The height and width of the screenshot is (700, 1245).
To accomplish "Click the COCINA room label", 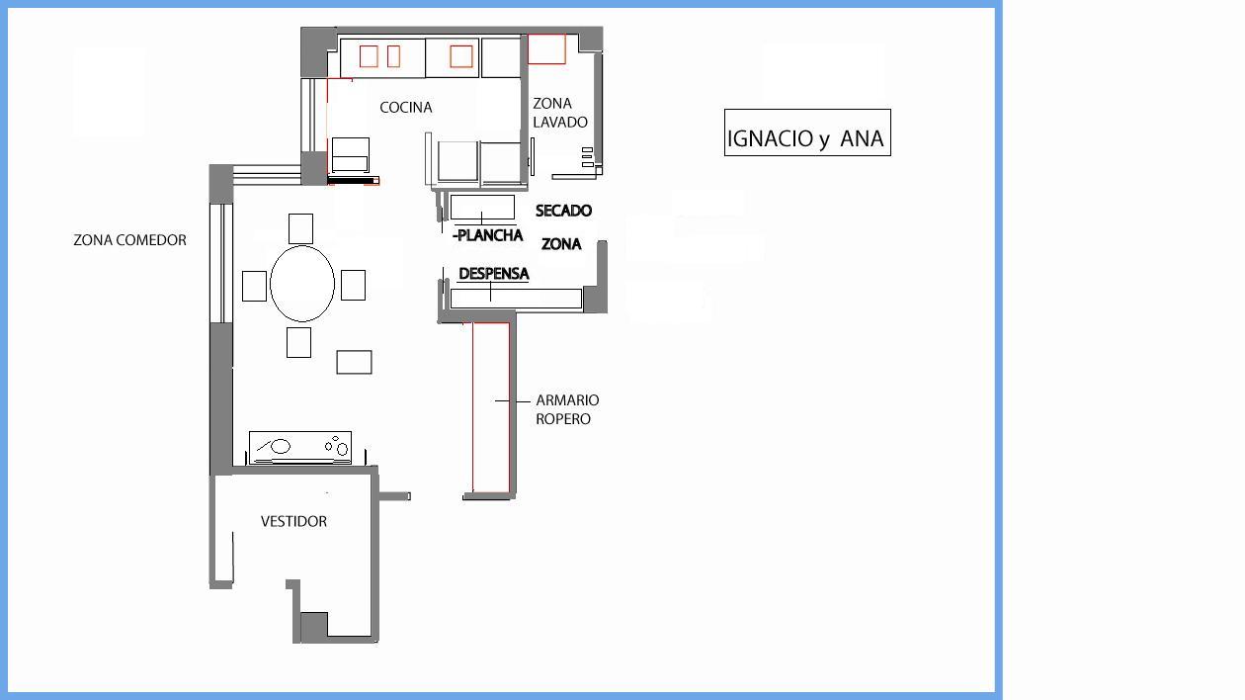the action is click(406, 108).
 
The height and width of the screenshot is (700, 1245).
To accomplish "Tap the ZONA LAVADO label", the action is click(559, 113).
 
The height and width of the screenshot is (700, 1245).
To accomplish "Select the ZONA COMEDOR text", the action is click(130, 240).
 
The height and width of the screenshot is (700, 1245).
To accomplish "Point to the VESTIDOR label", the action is click(293, 521).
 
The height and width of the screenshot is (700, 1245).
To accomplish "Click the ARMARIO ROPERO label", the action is click(567, 409).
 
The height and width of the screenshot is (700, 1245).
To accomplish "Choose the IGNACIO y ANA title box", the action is click(807, 132).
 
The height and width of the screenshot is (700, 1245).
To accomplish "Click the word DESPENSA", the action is click(494, 274).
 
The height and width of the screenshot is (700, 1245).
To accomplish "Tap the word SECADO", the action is click(563, 211).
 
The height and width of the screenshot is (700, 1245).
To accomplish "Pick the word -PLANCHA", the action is click(488, 235).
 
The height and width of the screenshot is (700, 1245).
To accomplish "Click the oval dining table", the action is click(301, 284).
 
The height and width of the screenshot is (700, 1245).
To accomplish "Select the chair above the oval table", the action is click(300, 228).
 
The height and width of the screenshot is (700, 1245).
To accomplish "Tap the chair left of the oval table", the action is click(254, 286).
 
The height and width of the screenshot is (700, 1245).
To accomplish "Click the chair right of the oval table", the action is click(353, 285).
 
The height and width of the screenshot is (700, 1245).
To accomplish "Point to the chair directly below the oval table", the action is click(298, 342).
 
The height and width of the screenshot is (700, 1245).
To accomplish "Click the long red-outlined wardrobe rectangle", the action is click(491, 407).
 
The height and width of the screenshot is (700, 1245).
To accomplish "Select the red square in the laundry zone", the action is click(546, 48).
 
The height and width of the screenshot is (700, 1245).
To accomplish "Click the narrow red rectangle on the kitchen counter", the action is click(393, 56).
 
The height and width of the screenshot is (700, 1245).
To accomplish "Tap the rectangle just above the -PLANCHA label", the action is click(482, 207).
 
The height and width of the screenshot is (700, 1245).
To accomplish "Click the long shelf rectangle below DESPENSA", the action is click(516, 299).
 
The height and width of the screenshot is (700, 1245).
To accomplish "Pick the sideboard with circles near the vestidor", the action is click(300, 448).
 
